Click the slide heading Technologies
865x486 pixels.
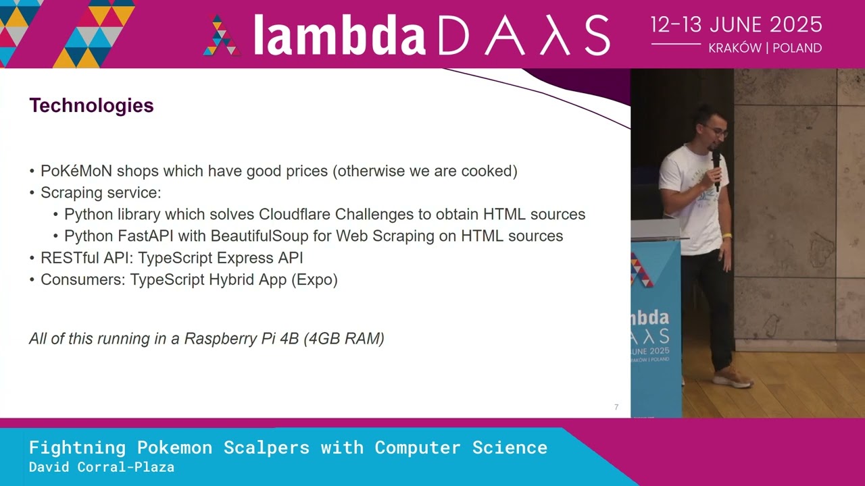91,106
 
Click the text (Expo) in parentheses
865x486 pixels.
314,279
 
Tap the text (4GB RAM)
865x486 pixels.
344,339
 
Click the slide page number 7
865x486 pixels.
616,407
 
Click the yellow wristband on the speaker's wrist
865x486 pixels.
726,236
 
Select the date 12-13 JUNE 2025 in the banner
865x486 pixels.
736,25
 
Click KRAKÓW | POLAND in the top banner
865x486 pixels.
765,49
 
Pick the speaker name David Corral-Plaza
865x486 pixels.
101,467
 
